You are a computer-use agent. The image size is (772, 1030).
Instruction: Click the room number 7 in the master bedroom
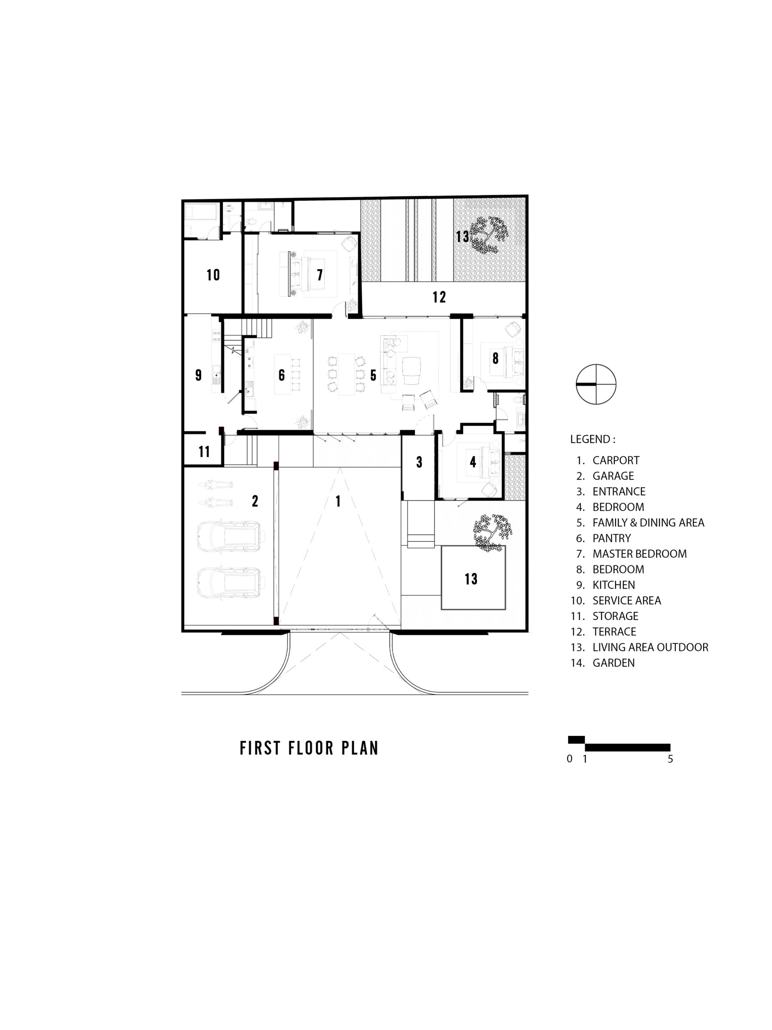point(320,275)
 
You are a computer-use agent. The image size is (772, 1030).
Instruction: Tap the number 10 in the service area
point(213,275)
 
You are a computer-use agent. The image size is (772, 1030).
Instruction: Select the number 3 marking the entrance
point(419,462)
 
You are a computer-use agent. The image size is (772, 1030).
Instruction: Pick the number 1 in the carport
point(338,501)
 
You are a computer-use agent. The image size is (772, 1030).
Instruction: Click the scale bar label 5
point(670,759)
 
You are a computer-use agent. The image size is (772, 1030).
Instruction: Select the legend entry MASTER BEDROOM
point(639,554)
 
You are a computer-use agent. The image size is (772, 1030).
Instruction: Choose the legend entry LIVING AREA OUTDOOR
point(650,647)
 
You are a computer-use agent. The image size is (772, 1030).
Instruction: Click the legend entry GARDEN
point(613,663)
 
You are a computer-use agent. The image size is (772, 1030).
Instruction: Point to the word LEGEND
point(590,439)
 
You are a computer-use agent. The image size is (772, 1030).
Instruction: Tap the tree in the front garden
point(492,533)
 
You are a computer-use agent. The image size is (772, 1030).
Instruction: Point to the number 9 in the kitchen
point(198,375)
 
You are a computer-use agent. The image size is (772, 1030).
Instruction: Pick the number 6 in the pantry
point(281,375)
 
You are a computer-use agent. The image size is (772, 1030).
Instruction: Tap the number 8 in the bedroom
point(496,358)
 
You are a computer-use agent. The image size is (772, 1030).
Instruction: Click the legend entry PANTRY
point(612,538)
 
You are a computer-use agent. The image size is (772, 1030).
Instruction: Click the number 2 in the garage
point(255,501)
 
